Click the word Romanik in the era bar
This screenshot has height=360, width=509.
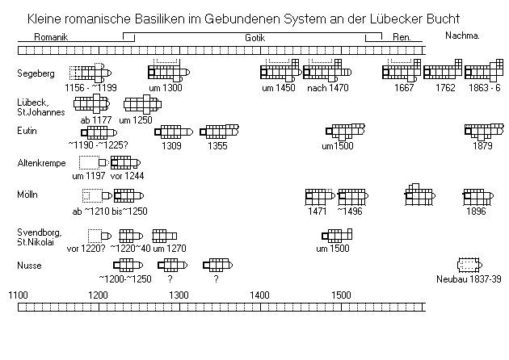coord(51,37)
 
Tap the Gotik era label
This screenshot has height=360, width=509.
coord(254,38)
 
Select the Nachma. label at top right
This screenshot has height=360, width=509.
coord(462,36)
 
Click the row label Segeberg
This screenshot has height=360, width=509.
coord(36,73)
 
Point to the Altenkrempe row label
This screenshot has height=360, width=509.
coord(41,163)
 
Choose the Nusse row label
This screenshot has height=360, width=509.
coord(29,266)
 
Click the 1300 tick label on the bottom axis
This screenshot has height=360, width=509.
coord(179,295)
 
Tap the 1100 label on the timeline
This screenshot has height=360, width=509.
coord(18,295)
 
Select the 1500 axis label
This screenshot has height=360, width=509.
coord(341,295)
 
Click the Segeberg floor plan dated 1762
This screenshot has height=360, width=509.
coord(443,69)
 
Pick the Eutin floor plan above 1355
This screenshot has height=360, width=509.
coord(220,132)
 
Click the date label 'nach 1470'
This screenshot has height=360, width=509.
coord(327,88)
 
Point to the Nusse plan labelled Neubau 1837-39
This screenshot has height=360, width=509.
coord(469,265)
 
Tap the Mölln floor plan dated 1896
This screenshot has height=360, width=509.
coord(478,196)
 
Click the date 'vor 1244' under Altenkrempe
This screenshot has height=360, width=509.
coord(127,176)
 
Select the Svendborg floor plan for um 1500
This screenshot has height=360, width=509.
coord(337,236)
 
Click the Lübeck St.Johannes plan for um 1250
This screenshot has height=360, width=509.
coord(142,104)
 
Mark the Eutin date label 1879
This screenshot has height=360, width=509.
coord(482,146)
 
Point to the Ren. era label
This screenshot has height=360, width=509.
coord(402,37)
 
